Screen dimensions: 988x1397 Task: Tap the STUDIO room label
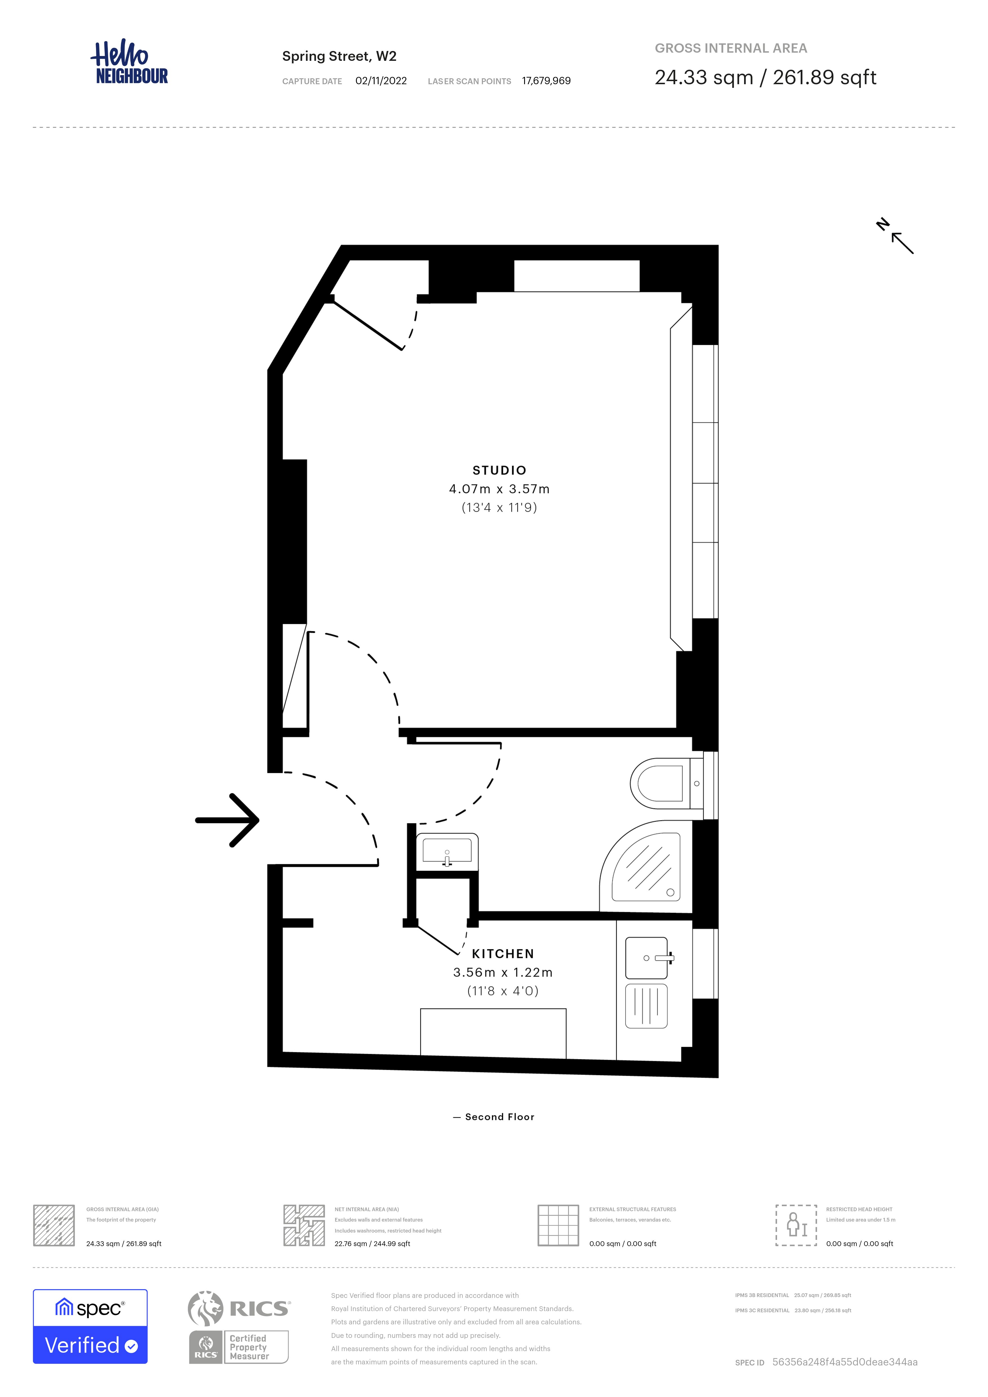pos(499,470)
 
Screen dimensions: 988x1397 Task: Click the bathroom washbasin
pos(447,850)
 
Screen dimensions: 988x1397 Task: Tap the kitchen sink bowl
pos(647,958)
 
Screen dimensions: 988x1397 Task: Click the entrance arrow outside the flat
pos(227,820)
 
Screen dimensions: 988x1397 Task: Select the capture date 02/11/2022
pos(381,81)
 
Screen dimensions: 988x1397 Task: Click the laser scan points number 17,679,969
pos(546,81)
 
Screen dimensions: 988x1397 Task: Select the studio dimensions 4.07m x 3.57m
pos(499,489)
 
